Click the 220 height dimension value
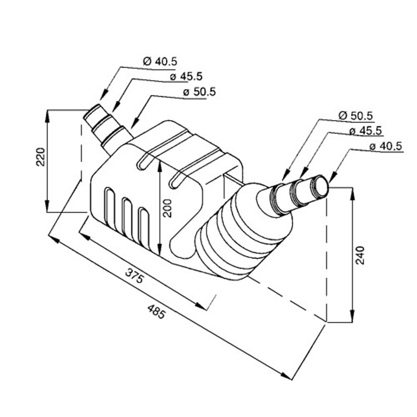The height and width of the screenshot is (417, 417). (x=41, y=157)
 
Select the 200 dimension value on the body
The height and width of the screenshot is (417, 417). (x=167, y=208)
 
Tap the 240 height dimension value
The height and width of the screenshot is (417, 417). (x=360, y=255)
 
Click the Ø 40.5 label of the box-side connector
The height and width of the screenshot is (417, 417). (x=160, y=62)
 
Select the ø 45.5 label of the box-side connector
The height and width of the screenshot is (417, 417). (x=186, y=76)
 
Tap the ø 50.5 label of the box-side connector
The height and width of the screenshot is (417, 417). (x=199, y=92)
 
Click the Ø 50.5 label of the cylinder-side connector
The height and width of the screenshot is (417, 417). (x=355, y=115)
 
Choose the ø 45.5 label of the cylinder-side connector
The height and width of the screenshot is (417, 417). (x=366, y=131)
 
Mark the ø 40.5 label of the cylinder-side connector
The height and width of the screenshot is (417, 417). (x=385, y=146)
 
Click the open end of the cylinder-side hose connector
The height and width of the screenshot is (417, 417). (x=321, y=185)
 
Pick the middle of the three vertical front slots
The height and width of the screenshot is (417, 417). (x=126, y=216)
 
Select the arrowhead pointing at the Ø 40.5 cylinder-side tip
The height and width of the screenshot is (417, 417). (x=331, y=178)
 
